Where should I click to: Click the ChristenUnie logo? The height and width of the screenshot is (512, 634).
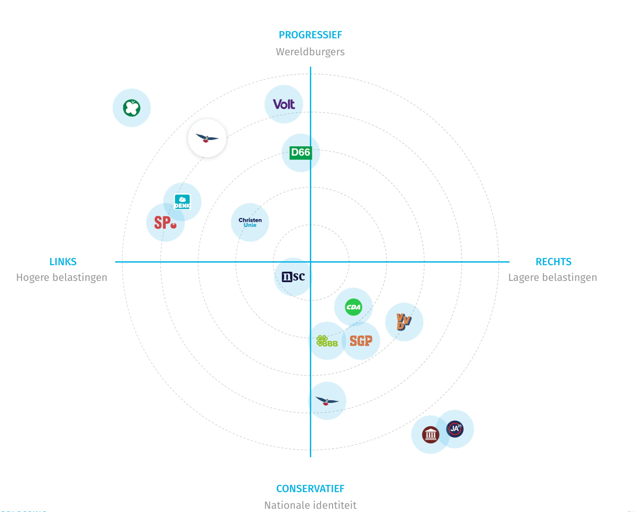250,222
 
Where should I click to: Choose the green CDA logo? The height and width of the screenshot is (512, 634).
353,307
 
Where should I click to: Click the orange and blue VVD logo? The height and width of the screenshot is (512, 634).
404,322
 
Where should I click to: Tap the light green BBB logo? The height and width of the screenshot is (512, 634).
327,341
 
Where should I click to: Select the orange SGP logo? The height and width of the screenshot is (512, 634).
361,341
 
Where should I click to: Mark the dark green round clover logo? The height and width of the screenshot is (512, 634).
132,108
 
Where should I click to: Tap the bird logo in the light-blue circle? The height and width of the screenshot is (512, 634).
327,401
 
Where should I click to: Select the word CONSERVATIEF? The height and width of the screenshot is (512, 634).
310,489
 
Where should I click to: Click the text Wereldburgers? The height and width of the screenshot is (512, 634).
310,52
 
